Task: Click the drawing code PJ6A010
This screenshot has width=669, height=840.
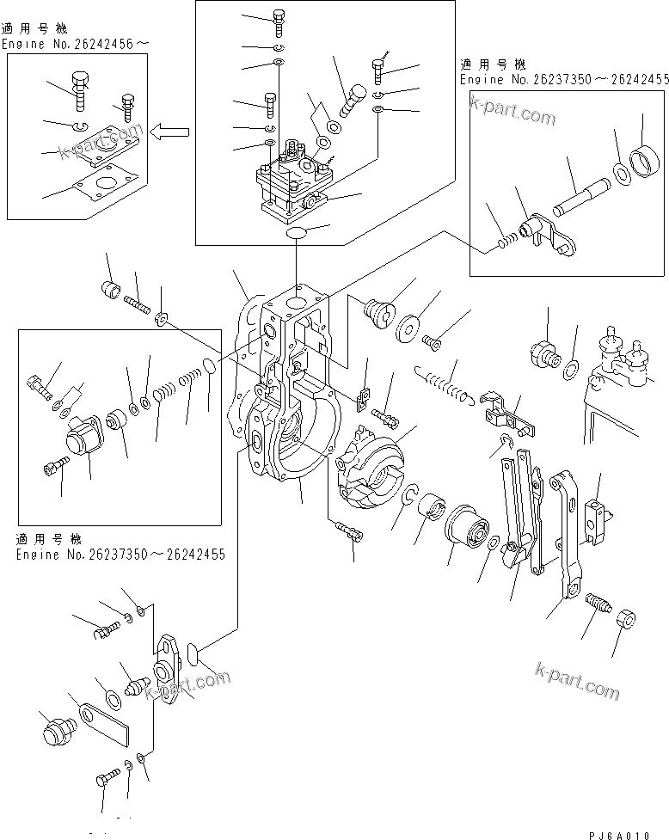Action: coord(625,834)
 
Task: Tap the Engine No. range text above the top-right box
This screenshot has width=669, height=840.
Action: coord(563,79)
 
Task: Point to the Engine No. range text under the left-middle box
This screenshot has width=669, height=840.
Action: coord(120,554)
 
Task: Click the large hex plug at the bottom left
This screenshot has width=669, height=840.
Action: coord(54,732)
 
